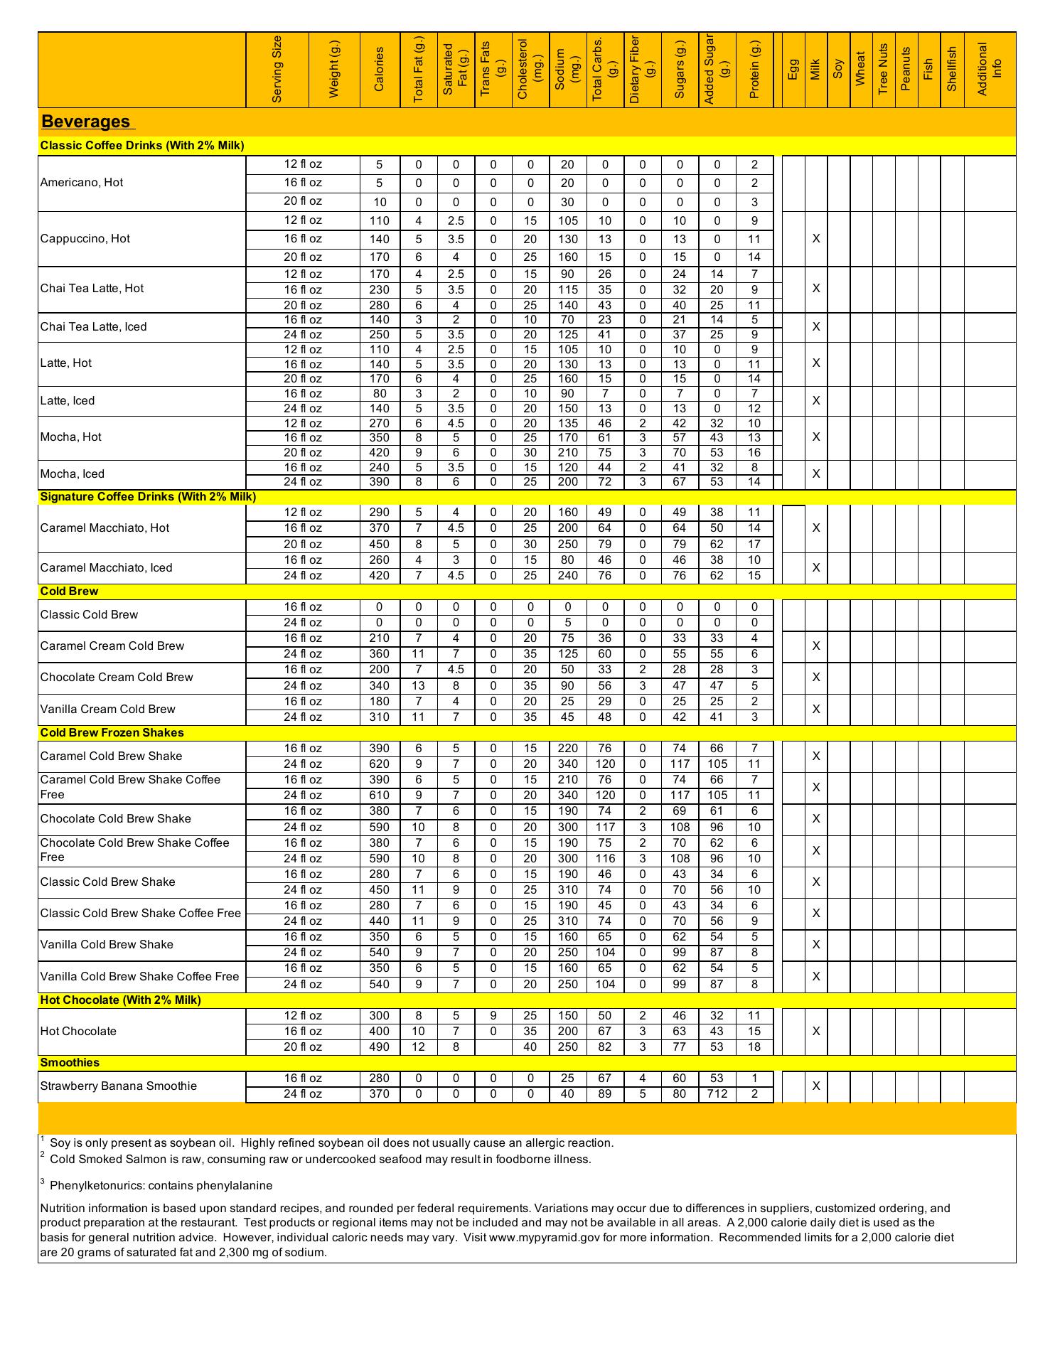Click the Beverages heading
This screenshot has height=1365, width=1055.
(x=85, y=122)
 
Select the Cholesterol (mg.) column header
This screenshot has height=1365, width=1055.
(x=530, y=69)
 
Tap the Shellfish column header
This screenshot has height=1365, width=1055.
(x=952, y=69)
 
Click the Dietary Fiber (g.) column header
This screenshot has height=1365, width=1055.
(x=642, y=69)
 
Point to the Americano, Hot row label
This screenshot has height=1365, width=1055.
(x=82, y=183)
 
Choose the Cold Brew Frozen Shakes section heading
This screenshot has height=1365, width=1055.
(x=112, y=733)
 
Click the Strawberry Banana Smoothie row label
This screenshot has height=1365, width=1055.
(x=118, y=1086)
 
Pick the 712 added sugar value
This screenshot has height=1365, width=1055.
(x=717, y=1094)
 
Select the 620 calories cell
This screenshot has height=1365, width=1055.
(x=380, y=764)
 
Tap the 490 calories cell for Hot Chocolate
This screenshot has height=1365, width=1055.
(x=380, y=1047)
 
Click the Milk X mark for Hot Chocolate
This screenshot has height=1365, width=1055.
(x=816, y=1032)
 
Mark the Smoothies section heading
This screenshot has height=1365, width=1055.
(x=70, y=1063)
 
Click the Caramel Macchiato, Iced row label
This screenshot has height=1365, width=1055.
(x=106, y=568)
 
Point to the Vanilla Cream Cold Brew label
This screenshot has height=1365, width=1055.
(x=107, y=710)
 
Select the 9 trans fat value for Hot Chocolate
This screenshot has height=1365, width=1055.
(x=493, y=1016)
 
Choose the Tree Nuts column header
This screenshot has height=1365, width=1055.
(x=884, y=69)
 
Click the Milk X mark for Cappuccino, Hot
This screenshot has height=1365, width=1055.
(x=816, y=239)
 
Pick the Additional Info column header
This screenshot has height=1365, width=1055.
(x=990, y=69)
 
